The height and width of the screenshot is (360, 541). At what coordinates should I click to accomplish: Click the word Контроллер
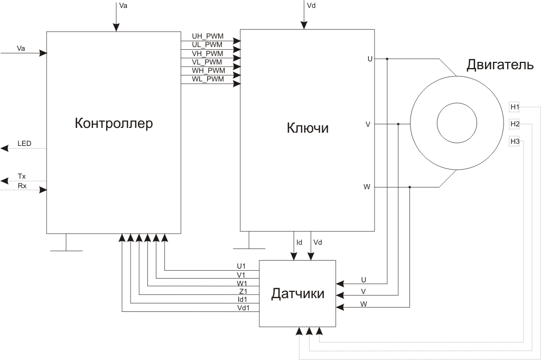pyautogui.click(x=114, y=124)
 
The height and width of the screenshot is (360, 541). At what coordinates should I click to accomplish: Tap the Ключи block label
pyautogui.click(x=307, y=128)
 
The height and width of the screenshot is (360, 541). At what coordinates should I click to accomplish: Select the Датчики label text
pyautogui.click(x=297, y=293)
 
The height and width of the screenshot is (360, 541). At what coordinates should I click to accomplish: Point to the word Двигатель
pyautogui.click(x=500, y=66)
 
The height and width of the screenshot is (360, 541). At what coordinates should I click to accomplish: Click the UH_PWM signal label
pyautogui.click(x=208, y=36)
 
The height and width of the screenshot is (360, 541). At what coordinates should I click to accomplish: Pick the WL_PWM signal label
pyautogui.click(x=208, y=79)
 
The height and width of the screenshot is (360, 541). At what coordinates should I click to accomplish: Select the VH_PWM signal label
pyautogui.click(x=208, y=53)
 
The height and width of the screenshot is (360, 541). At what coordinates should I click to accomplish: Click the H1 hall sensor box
pyautogui.click(x=515, y=107)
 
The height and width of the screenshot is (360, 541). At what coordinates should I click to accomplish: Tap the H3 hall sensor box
pyautogui.click(x=515, y=141)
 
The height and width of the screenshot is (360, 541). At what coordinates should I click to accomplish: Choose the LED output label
pyautogui.click(x=24, y=143)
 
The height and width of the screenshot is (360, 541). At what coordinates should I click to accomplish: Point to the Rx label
pyautogui.click(x=22, y=186)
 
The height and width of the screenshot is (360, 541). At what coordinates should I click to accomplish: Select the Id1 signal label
pyautogui.click(x=242, y=299)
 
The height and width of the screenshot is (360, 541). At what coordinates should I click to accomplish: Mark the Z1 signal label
pyautogui.click(x=242, y=291)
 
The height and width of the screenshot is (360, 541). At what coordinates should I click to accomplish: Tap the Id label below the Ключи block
pyautogui.click(x=299, y=242)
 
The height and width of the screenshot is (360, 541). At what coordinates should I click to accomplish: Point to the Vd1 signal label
pyautogui.click(x=244, y=308)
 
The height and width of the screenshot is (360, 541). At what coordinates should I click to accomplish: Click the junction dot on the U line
pyautogui.click(x=387, y=59)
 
